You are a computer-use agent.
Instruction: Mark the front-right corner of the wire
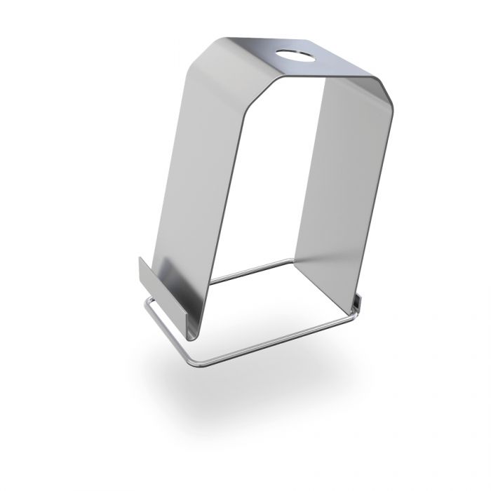(351, 314)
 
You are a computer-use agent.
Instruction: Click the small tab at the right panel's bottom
(358, 302)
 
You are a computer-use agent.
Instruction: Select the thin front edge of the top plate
(323, 74)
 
